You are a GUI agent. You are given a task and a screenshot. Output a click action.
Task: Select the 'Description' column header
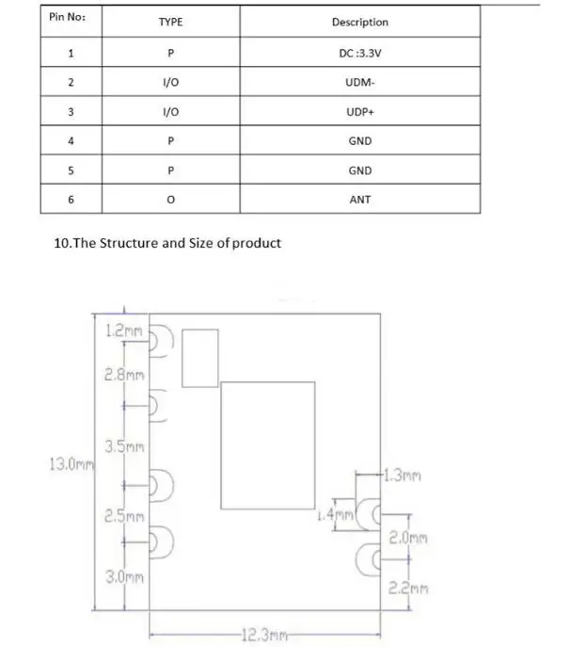pos(359,22)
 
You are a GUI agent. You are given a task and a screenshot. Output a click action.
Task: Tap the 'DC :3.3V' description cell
pos(359,54)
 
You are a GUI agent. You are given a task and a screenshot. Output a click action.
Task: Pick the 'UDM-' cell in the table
pos(359,83)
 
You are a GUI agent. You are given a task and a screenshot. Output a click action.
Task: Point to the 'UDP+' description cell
pos(359,112)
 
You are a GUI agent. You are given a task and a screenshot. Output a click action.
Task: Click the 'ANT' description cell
pos(359,200)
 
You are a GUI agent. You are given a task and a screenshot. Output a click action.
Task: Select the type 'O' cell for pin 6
pos(170,200)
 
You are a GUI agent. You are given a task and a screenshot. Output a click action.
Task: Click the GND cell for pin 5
pos(359,170)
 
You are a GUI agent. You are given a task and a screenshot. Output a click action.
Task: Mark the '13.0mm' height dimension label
pos(70,463)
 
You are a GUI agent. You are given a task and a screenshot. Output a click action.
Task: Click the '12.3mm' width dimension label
pos(262,636)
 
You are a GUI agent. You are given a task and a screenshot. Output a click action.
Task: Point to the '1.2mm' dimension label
pos(121,332)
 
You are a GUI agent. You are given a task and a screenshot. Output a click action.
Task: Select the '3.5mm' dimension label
pos(124,446)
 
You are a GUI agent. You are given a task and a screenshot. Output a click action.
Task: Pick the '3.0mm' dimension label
pos(124,576)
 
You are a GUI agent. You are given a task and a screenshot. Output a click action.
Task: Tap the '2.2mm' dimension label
pos(409,589)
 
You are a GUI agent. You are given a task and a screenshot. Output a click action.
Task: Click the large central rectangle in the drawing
pos(268,445)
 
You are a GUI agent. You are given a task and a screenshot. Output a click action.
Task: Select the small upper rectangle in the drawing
pos(199,357)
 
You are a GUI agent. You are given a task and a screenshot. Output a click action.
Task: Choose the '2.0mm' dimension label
pos(409,540)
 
